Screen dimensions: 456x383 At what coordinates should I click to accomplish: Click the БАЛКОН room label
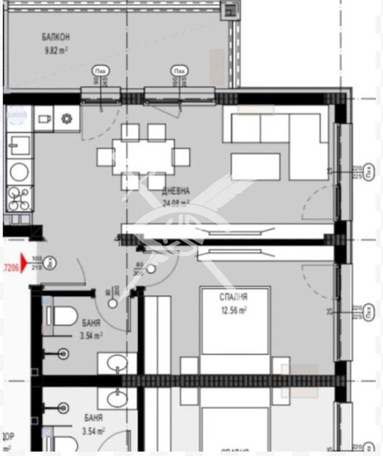tap(56, 37)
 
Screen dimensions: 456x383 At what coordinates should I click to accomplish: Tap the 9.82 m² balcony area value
tap(56, 50)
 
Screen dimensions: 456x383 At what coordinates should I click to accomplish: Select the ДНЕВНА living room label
tap(176, 191)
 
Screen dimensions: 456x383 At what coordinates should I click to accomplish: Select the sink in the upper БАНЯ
tap(117, 363)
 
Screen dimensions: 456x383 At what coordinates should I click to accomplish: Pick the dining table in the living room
tap(143, 157)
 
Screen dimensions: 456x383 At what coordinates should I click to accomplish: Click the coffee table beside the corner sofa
tap(255, 167)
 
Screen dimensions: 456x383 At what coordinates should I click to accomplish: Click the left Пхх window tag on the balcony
tap(101, 71)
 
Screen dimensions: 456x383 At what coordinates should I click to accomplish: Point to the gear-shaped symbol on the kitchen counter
tap(67, 118)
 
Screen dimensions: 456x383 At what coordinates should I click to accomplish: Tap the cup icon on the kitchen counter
tap(44, 118)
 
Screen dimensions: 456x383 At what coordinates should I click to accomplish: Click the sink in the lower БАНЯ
tap(117, 398)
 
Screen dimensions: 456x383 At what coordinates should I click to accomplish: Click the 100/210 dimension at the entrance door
tap(37, 262)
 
